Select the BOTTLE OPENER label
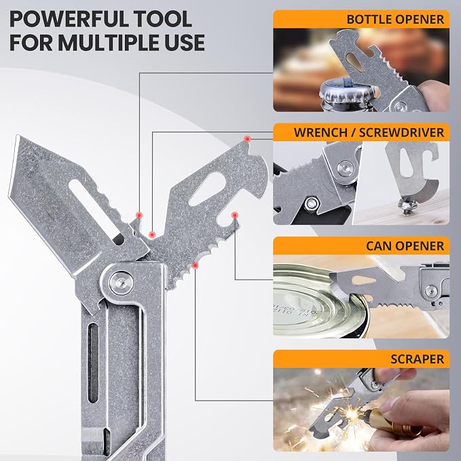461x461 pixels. pyautogui.click(x=395, y=20)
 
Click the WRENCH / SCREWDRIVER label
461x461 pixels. pyautogui.click(x=369, y=132)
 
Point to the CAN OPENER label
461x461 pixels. pyautogui.click(x=405, y=246)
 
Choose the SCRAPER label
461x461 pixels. pyautogui.click(x=417, y=359)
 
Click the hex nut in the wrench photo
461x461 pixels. pyautogui.click(x=312, y=203)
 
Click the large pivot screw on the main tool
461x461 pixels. pyautogui.click(x=121, y=283)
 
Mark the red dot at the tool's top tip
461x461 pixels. pyautogui.click(x=248, y=139)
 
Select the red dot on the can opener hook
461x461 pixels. pyautogui.click(x=235, y=215)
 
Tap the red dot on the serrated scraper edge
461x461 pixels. pyautogui.click(x=195, y=265)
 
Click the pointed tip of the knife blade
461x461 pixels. pyautogui.click(x=17, y=136)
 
